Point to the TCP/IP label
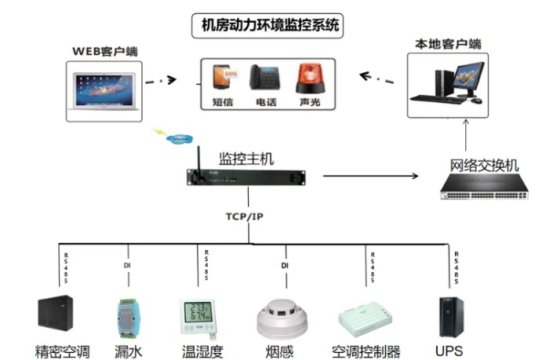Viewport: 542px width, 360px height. point(245,216)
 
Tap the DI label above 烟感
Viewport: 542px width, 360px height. point(286,266)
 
